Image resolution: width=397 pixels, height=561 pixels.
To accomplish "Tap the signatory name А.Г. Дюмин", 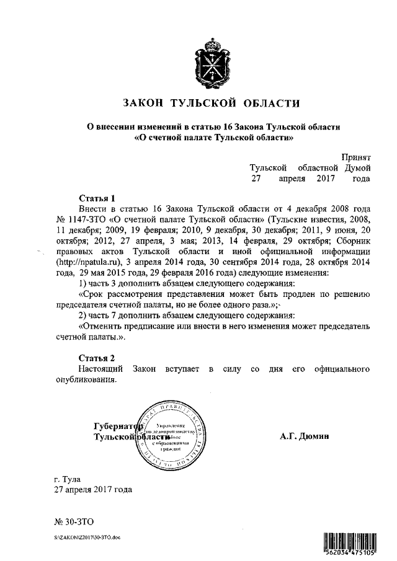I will point(305,436).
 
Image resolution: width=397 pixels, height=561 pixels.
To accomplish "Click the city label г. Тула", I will point(68,479).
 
